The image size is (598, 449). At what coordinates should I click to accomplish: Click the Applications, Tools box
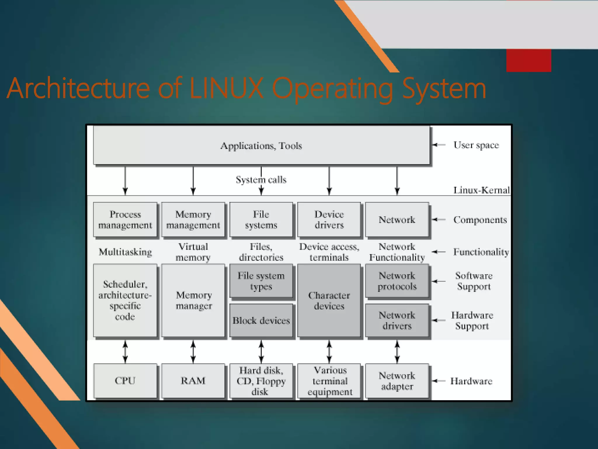pos(261,145)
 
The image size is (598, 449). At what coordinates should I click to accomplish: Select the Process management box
pos(125,220)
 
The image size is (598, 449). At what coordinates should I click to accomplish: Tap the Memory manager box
pos(193,301)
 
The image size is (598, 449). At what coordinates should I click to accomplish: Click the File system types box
pos(261,281)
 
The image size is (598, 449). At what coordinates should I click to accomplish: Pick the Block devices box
pos(261,321)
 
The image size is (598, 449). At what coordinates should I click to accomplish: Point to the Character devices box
pos(329,301)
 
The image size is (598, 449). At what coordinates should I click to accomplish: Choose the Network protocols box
pos(397,281)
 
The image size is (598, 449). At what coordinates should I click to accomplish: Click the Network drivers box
pos(397,321)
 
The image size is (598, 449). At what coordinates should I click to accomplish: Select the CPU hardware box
pos(125,381)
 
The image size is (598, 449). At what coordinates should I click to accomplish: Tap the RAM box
pos(193,381)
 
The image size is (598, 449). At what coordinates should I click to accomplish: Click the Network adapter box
pos(397,381)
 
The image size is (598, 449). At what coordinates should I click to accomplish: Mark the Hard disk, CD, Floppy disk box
pos(261,381)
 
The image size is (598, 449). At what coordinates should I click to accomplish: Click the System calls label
pos(261,179)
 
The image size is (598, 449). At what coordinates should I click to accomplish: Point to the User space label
pos(476,145)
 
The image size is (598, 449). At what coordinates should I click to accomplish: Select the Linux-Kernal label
pos(481,190)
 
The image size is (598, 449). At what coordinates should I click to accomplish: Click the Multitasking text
pos(125,252)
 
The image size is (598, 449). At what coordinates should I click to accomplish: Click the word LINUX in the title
pos(226,88)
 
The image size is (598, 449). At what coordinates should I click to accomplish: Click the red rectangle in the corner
pos(529,60)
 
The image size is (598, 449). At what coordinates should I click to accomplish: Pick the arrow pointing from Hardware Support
pos(439,320)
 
